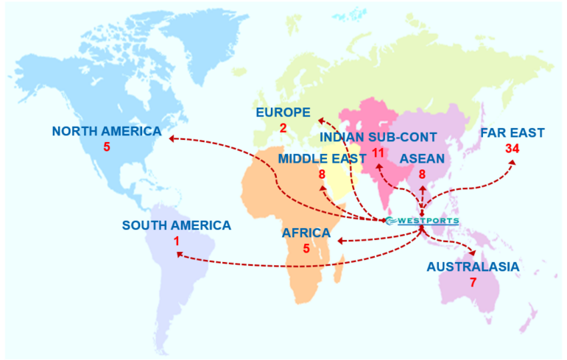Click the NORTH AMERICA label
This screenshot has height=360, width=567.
coord(106,132)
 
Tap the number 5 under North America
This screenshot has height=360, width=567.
coord(106,147)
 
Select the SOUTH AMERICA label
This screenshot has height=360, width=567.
coord(177,226)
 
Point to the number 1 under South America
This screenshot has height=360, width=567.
coord(177,241)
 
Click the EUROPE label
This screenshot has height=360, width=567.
coord(283,112)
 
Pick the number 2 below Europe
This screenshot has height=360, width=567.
coord(283,128)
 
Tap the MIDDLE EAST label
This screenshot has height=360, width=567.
coord(322,158)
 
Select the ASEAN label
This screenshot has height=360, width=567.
coord(422,158)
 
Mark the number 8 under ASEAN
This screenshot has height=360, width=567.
coord(422,174)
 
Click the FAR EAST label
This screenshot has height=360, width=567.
coord(512,133)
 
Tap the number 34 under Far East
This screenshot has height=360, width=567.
coord(513,149)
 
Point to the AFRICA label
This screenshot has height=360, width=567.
coord(306,233)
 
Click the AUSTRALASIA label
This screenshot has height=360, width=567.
coord(473,267)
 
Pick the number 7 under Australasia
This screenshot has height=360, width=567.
coord(472,283)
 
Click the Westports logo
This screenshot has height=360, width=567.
coord(422,220)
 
